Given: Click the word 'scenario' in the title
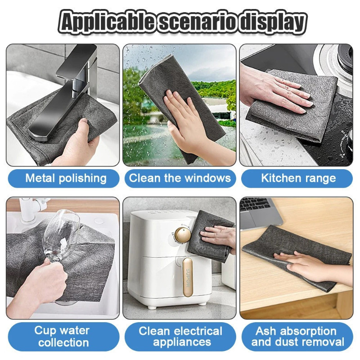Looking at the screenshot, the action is (198, 22).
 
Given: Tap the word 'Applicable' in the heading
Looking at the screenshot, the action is (108, 22).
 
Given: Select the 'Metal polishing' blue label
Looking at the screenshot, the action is (64, 178).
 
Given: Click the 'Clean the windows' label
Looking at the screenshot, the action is (180, 178).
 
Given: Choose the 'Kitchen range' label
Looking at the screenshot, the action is (297, 178).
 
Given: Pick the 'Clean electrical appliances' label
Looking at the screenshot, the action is (180, 337).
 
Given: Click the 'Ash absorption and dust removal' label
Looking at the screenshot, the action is (297, 337).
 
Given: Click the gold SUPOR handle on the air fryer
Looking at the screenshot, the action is (187, 277).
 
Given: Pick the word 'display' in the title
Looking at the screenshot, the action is (272, 22).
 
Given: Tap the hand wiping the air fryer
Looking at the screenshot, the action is (218, 237).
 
